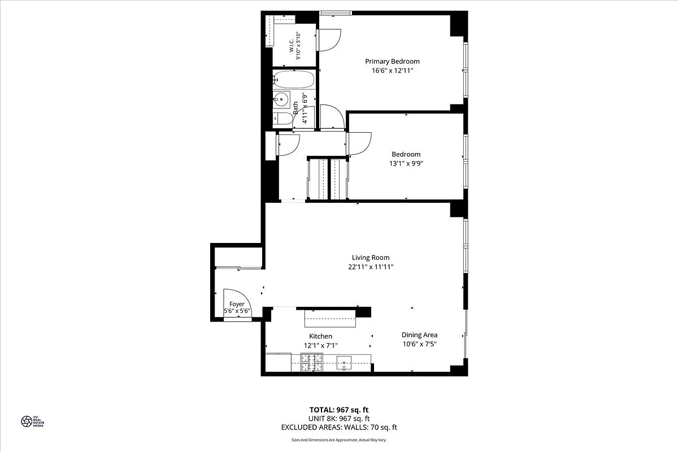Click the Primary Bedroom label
click(x=392, y=62)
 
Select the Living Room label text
click(x=371, y=258)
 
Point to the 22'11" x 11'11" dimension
click(x=371, y=267)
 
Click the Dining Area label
click(x=419, y=334)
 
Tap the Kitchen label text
click(x=320, y=336)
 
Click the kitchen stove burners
click(x=311, y=362)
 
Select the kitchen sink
click(x=344, y=362)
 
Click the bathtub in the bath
click(x=293, y=80)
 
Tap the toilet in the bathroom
click(x=282, y=119)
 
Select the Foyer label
click(x=237, y=304)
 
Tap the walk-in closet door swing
click(x=329, y=40)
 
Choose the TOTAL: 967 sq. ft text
click(x=338, y=410)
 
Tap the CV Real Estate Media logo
click(x=32, y=421)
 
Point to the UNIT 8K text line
click(x=338, y=419)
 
